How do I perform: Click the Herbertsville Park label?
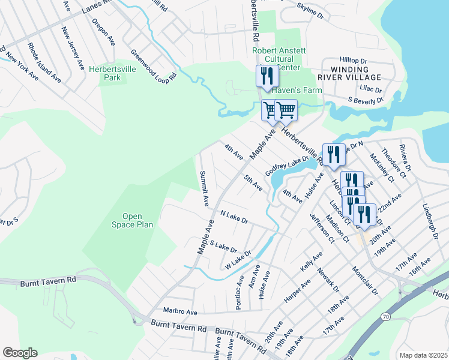click(112, 74)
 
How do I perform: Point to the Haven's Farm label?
click(297, 90)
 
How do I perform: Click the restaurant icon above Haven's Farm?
click(265, 76)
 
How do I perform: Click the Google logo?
click(20, 353)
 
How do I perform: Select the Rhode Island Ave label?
click(44, 62)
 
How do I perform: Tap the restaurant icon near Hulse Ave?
click(332, 155)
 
